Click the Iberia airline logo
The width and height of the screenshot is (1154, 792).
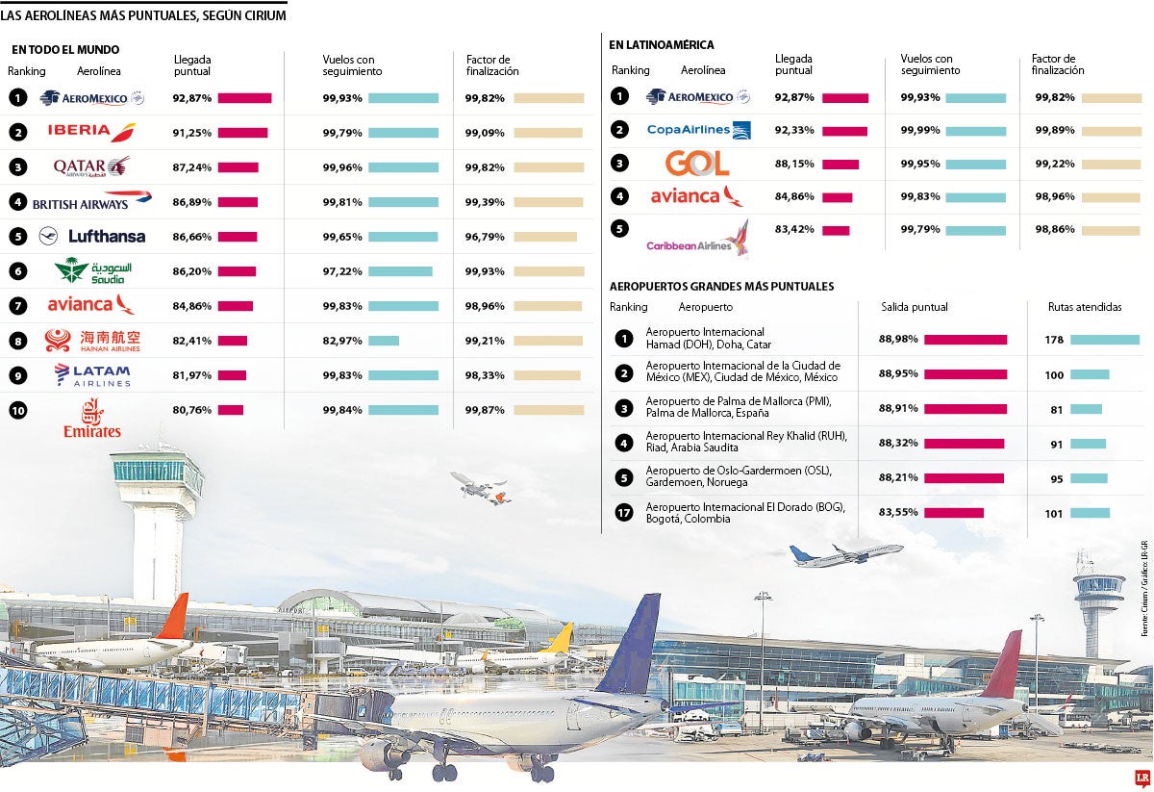tap(91, 133)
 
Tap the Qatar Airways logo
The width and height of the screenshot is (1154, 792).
tap(91, 167)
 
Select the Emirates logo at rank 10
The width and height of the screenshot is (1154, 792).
tap(92, 419)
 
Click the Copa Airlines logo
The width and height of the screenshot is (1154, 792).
tap(698, 130)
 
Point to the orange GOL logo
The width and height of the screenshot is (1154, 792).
tap(696, 163)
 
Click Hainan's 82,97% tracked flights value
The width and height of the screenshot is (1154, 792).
tap(341, 341)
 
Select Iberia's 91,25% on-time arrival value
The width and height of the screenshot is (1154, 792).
tap(191, 133)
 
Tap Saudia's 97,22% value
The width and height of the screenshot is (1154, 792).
tap(341, 271)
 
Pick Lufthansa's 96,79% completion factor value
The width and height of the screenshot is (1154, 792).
tap(485, 237)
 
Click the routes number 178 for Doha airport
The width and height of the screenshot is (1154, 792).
tap(1053, 340)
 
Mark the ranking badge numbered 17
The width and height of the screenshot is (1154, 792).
tap(623, 513)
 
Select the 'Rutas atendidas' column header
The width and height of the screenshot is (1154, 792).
tap(1085, 308)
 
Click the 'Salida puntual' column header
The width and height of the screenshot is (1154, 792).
tap(914, 308)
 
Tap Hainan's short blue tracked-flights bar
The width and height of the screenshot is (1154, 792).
tap(384, 341)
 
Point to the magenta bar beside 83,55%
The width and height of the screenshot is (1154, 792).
tap(954, 513)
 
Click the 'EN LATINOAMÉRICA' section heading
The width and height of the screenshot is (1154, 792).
tap(661, 45)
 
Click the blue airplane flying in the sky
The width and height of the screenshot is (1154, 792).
tap(844, 555)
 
